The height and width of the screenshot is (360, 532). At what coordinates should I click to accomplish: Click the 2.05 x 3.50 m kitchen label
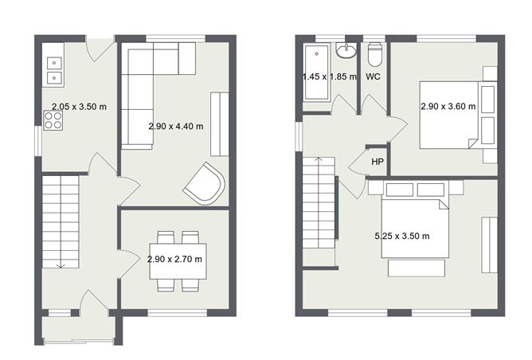79,106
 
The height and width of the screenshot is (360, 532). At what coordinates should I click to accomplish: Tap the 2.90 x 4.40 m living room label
175,126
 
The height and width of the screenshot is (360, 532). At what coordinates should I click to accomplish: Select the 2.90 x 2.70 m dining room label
174,260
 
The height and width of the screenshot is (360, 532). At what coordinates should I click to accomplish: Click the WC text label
372,76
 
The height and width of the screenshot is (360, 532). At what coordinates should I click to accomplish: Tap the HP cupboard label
376,162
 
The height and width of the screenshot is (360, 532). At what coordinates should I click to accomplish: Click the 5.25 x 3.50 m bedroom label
401,237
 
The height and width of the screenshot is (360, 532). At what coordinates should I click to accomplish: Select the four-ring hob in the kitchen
53,119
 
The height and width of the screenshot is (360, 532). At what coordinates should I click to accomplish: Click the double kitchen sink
55,70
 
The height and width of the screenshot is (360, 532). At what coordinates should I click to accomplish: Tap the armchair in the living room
205,182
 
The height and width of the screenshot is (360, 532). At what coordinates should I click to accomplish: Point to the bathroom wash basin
347,52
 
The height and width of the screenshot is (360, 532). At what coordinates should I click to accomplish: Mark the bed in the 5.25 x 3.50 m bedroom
414,227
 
